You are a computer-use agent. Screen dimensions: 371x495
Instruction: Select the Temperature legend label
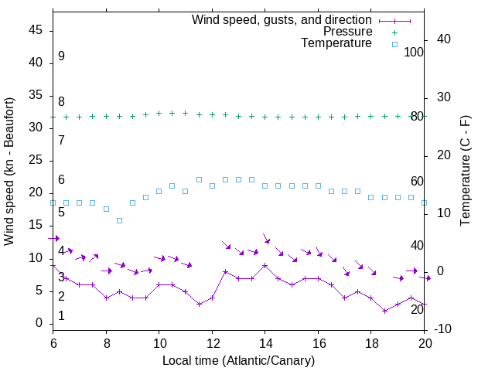336,43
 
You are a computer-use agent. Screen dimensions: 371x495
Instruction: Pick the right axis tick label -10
445,329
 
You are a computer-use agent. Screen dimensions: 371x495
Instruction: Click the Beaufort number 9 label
61,56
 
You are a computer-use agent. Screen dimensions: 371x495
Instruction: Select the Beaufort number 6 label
61,180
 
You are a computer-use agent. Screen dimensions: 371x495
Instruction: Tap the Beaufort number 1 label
61,316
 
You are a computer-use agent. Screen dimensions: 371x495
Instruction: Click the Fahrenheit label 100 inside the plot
414,53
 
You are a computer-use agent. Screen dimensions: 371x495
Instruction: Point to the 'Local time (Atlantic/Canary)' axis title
238,360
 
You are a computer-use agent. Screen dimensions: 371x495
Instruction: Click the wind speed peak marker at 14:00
265,265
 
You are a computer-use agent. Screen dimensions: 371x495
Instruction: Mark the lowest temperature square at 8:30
119,220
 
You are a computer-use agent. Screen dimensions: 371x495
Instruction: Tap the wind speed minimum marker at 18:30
384,311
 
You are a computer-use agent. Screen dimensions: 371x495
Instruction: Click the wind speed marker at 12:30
225,271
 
